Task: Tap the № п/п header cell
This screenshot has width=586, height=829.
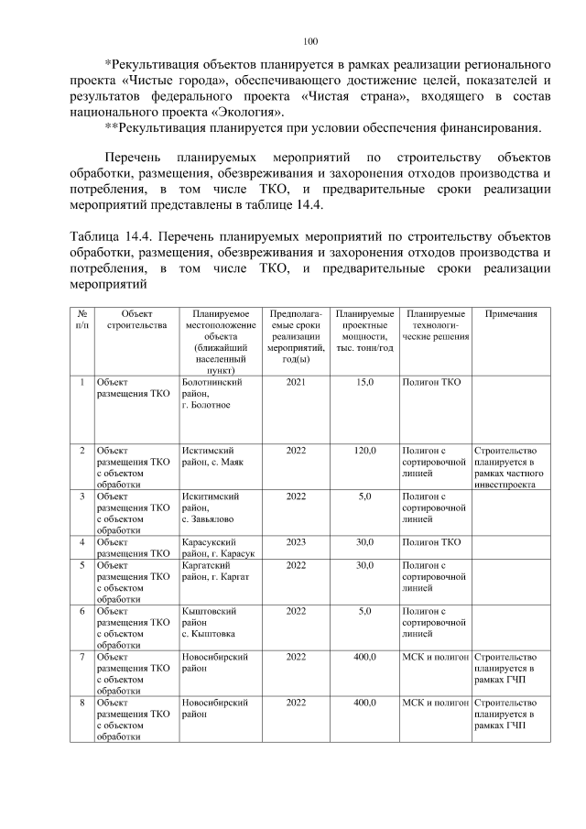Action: pos(82,319)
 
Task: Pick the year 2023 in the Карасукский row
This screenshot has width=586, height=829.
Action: pos(296,541)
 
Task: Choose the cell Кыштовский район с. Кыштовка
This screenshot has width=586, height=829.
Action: pos(213,620)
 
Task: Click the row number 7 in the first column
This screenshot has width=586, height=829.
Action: pos(82,657)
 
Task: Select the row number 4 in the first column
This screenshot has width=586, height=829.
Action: pos(82,541)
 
